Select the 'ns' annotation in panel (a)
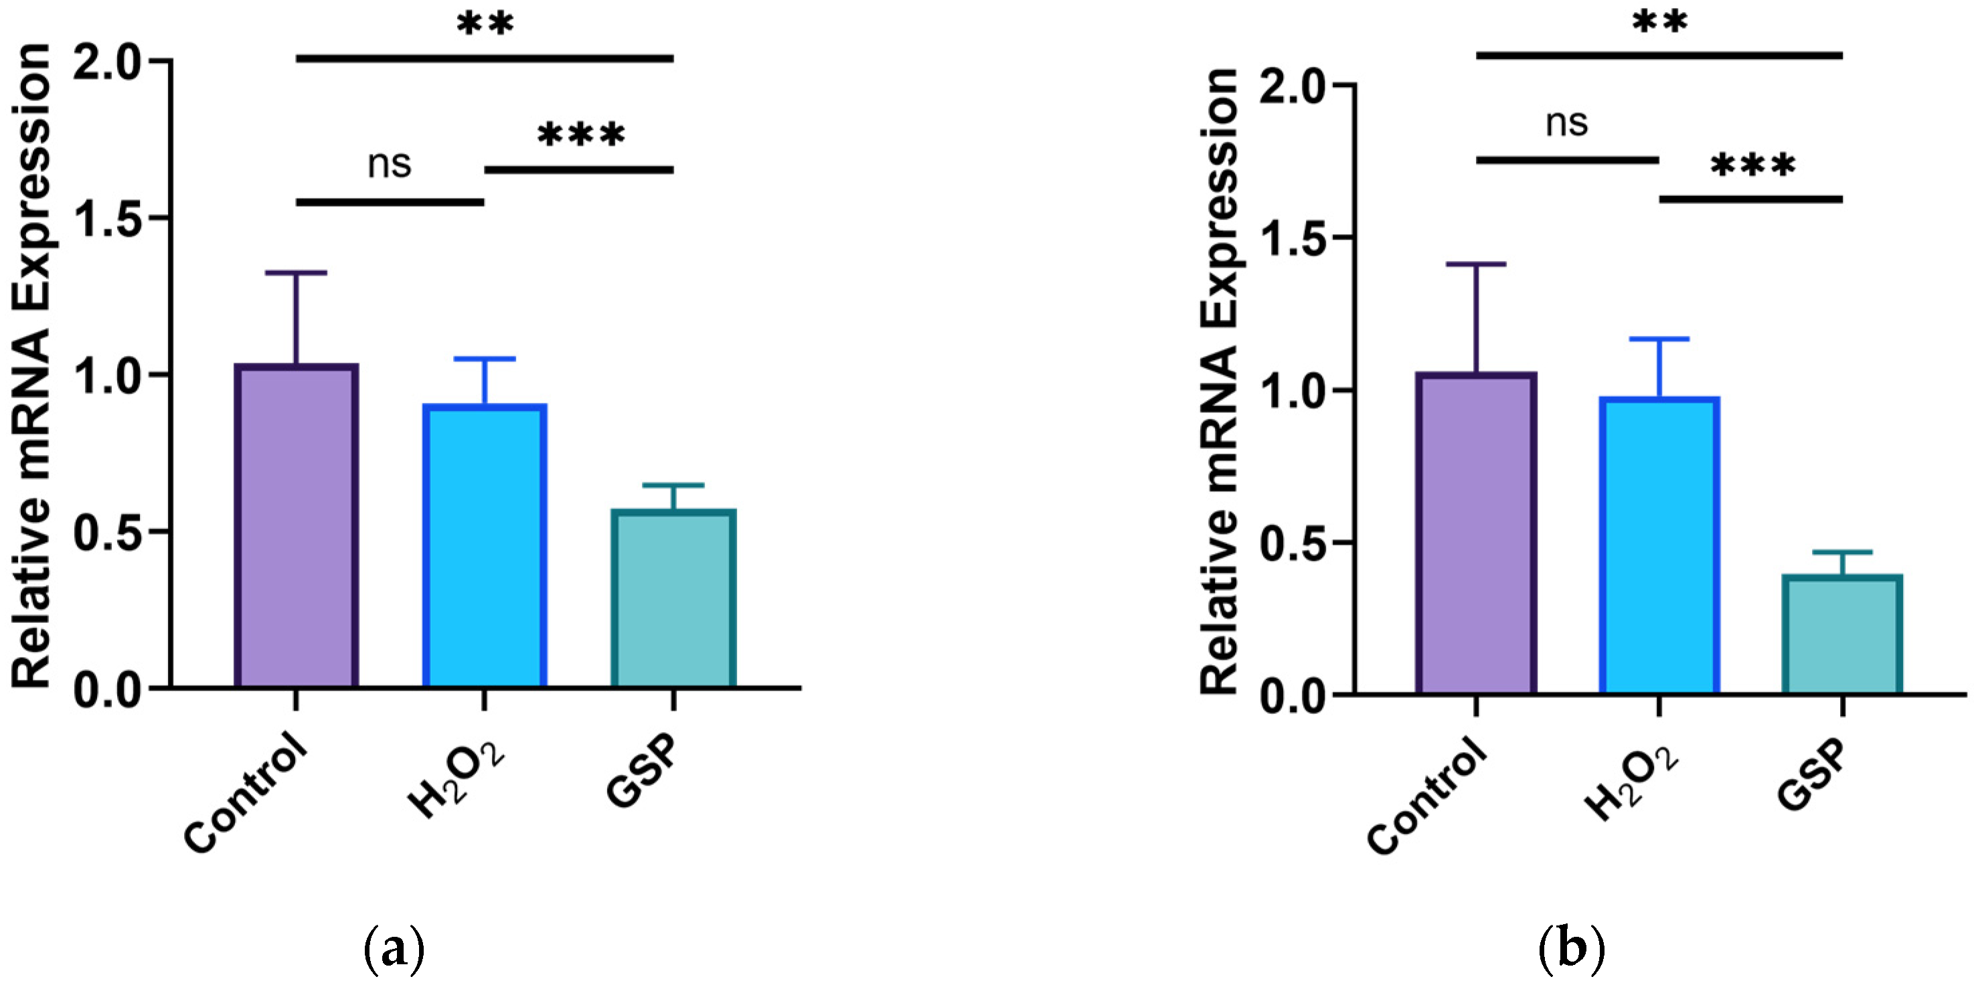coord(390,164)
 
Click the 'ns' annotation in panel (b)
coord(1566,122)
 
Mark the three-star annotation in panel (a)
coord(581,137)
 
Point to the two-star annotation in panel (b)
coord(1659,21)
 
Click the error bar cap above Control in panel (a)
coord(297,273)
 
